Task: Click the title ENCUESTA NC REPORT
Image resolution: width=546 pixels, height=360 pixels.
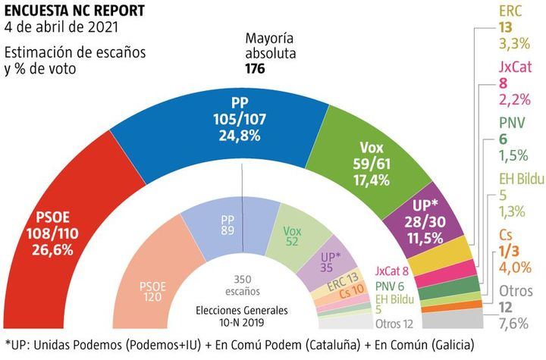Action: point(67,11)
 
